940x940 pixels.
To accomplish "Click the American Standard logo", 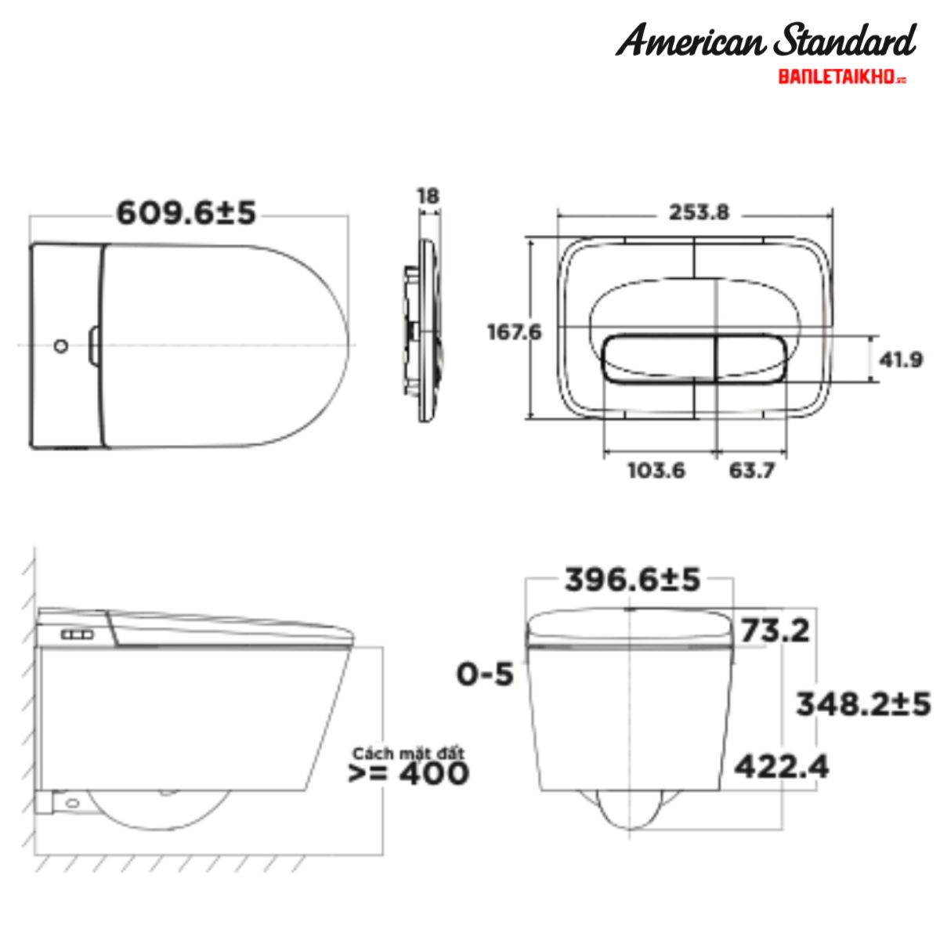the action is tap(765, 40).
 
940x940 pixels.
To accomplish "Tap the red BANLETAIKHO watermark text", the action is tap(842, 78).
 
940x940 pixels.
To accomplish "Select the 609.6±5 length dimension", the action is tap(186, 213).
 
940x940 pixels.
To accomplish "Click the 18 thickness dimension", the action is tap(428, 196).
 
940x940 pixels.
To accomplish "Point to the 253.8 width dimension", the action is tap(699, 212).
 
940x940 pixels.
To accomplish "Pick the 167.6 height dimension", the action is tap(514, 332).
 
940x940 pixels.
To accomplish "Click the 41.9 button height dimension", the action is tap(901, 360).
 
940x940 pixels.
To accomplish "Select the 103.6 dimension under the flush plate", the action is tap(656, 471).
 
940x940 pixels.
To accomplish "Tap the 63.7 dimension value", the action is tap(752, 471).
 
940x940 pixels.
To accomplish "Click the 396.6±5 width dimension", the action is tap(633, 580).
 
